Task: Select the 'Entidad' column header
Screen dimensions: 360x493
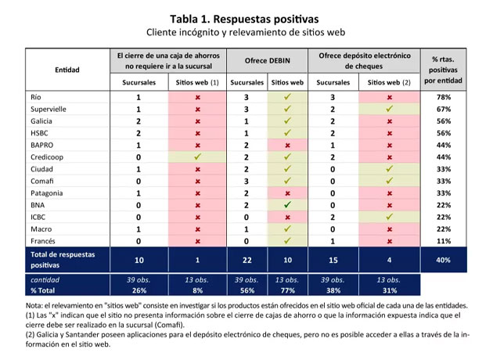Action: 67,70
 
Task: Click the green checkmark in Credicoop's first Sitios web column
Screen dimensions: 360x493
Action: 198,157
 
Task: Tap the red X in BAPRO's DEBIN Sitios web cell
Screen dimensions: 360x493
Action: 288,146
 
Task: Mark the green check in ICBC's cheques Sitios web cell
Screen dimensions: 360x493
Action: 389,218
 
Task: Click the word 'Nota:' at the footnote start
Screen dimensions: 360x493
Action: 35,305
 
